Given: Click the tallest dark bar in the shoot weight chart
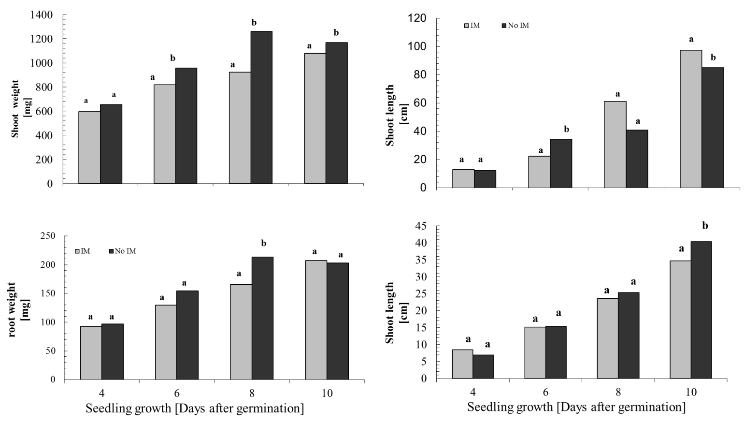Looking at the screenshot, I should (x=261, y=107).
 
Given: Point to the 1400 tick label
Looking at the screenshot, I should (x=42, y=15).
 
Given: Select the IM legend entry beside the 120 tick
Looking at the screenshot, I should (x=472, y=25).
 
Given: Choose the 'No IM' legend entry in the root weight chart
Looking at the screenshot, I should (x=124, y=251).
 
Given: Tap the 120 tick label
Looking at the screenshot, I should (x=417, y=18).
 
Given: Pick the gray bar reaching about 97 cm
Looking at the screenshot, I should (x=691, y=119).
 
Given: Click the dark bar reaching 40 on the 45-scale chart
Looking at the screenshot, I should (x=701, y=310).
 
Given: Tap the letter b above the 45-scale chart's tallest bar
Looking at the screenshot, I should (x=705, y=225).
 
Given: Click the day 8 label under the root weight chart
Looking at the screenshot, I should (x=252, y=393).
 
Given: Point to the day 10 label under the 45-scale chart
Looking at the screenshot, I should (x=691, y=392).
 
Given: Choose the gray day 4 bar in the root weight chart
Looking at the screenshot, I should (x=91, y=353).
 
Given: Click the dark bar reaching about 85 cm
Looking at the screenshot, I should (x=713, y=128).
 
